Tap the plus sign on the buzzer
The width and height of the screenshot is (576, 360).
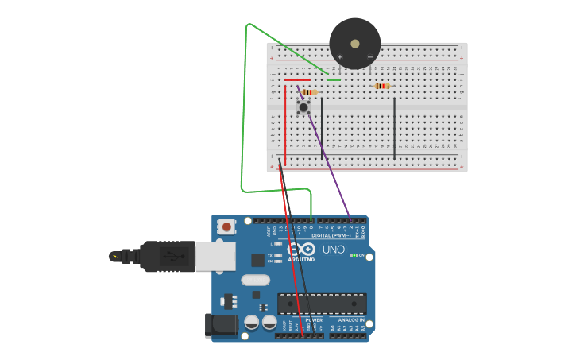point(340,57)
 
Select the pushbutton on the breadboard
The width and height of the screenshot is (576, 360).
point(303,106)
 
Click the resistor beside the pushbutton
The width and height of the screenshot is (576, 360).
point(310,92)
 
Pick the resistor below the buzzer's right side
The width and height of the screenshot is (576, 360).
point(382,86)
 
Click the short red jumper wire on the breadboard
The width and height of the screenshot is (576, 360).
point(297,79)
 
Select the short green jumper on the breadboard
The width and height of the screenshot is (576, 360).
point(334,79)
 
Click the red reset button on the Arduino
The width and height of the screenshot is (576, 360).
point(227,226)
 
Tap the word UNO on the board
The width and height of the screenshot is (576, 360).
point(334,250)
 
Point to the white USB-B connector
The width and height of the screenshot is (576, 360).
point(215,256)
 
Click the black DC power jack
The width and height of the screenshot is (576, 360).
point(221,326)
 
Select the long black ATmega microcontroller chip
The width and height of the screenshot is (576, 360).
point(322,304)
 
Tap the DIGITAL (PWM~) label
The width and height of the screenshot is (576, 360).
point(331,235)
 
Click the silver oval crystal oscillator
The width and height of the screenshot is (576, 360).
point(255,280)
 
